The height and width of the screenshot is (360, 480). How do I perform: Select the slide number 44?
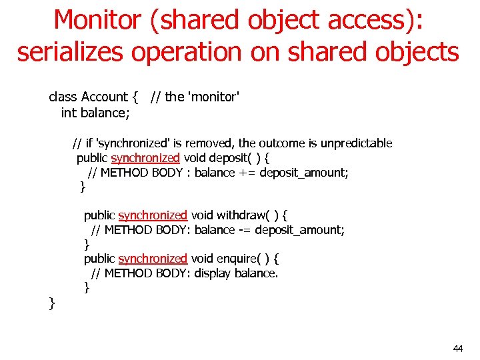click(457, 349)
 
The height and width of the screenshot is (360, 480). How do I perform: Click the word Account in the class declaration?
click(105, 97)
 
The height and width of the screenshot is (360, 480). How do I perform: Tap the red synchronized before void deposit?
click(145, 158)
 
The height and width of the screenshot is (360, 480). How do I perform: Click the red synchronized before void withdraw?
click(153, 215)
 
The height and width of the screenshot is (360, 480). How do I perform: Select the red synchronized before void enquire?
click(153, 259)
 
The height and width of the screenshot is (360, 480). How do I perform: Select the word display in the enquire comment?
click(213, 273)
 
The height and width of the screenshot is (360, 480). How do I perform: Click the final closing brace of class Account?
click(52, 304)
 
